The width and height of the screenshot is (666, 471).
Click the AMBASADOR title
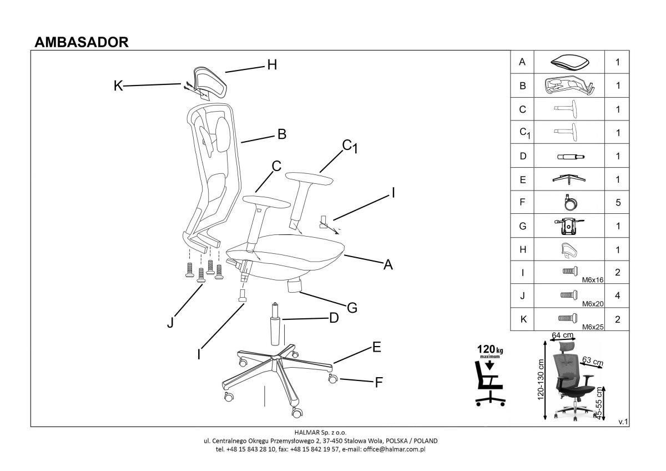(82, 42)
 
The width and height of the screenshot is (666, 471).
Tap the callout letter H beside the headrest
(271, 65)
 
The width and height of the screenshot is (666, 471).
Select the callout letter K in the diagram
(118, 86)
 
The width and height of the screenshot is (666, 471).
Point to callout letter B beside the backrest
(281, 134)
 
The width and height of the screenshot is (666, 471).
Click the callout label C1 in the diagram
(350, 147)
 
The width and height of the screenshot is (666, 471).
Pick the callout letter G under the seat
(351, 307)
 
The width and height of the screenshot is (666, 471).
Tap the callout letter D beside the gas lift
(334, 318)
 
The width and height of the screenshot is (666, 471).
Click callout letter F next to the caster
(380, 382)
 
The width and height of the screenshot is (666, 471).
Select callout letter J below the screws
(171, 322)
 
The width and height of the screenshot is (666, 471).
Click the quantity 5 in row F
(618, 203)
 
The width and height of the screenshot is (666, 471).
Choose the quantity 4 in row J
(618, 296)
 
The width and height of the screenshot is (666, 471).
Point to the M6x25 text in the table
(593, 327)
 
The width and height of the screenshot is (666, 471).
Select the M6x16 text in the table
(593, 280)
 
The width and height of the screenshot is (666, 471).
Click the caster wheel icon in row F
(570, 203)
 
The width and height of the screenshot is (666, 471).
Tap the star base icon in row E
(570, 179)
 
